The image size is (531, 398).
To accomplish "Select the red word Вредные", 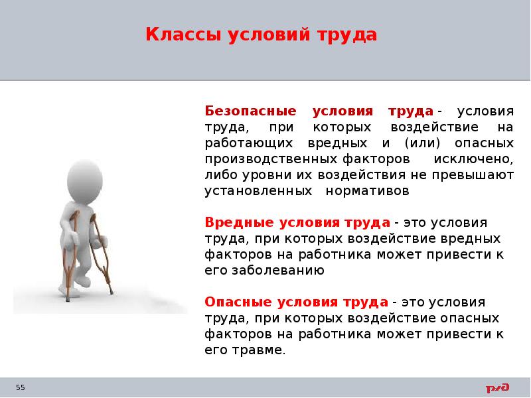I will pos(233,222).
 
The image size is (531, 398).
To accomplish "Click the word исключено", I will pos(473,159).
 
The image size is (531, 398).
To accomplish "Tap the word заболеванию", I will pos(279,270).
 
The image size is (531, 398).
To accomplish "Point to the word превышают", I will pos(476,175).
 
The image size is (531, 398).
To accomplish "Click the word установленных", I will pos(258,191).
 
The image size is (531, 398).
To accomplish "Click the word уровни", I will pos(260,175).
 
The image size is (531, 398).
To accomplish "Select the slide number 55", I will pos(20,387).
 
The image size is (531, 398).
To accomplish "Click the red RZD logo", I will pos(497,387).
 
